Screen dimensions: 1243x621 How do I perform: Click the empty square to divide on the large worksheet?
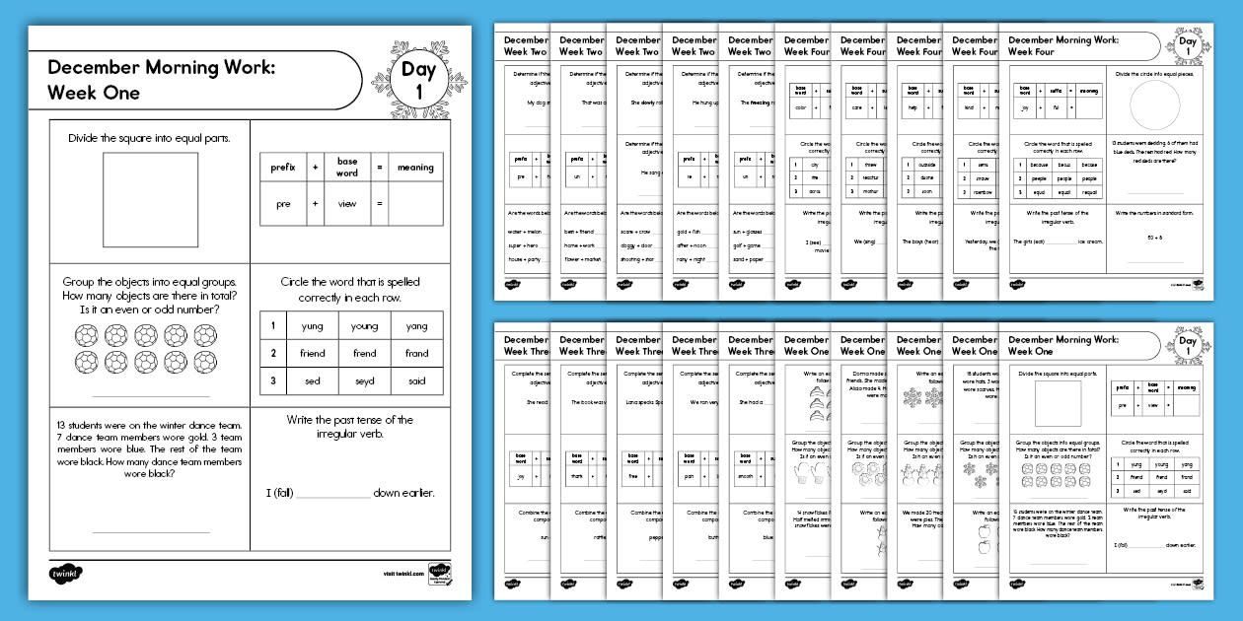pyautogui.click(x=151, y=200)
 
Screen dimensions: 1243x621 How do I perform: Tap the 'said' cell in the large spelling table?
pyautogui.click(x=417, y=379)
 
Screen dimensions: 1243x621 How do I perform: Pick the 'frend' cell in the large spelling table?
pyautogui.click(x=364, y=353)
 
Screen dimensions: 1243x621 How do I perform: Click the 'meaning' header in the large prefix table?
pyautogui.click(x=415, y=168)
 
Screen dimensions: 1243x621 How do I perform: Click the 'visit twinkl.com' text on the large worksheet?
pyautogui.click(x=403, y=573)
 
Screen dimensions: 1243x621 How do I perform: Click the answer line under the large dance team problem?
pyautogui.click(x=151, y=532)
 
